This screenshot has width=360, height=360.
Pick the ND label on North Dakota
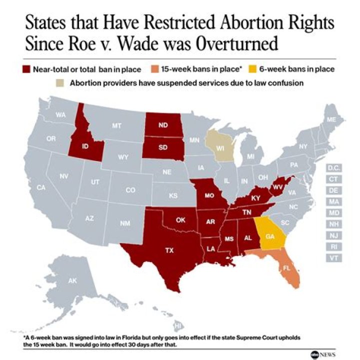click(x=163, y=126)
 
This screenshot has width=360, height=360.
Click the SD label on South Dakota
click(x=163, y=147)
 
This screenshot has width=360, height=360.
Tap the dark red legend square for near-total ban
click(x=25, y=68)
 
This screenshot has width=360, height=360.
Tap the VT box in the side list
click(x=333, y=258)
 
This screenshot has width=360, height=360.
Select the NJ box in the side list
click(x=333, y=235)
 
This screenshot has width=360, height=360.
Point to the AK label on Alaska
click(x=72, y=281)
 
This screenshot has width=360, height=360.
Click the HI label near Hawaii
click(x=177, y=326)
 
